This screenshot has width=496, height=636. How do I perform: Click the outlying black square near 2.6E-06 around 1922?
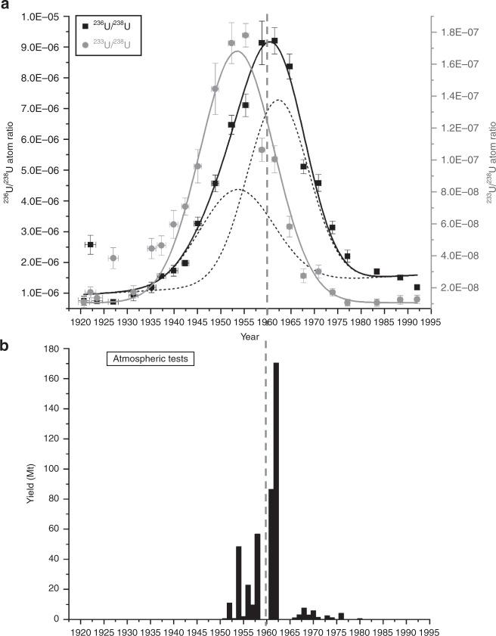click(x=91, y=244)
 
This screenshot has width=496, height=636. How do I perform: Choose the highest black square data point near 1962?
click(x=274, y=41)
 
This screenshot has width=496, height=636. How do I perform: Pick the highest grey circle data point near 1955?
click(x=245, y=36)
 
